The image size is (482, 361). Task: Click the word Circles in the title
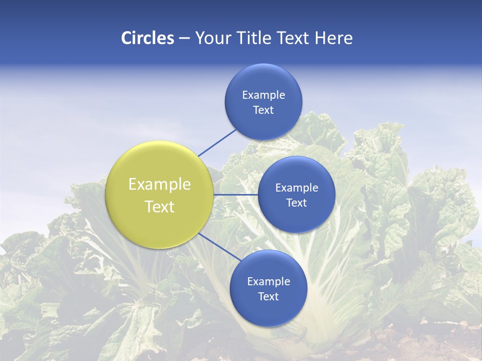[x=148, y=38]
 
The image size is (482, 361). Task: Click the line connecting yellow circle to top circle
[x=217, y=142]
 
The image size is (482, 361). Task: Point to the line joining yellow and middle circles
[x=235, y=195]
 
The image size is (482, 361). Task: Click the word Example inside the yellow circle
[x=160, y=185]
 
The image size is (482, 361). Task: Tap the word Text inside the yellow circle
[x=160, y=207]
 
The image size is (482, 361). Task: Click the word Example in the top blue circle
[x=264, y=95]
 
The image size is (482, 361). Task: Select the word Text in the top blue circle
[x=263, y=110]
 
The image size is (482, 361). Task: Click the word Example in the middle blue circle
[x=297, y=188]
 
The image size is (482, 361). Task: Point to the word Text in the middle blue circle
[x=296, y=203]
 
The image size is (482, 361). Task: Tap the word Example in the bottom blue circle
[x=269, y=282]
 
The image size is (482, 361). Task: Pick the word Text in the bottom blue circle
[x=268, y=297]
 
